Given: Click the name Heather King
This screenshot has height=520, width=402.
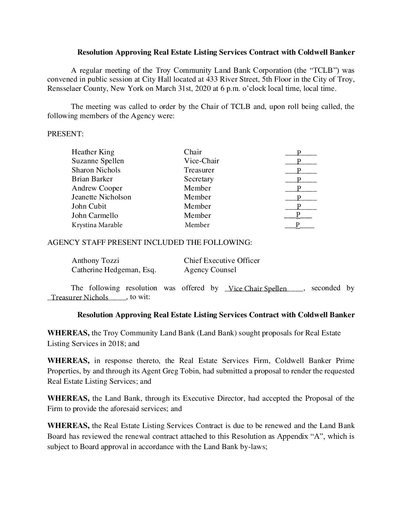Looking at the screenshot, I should [x=93, y=152].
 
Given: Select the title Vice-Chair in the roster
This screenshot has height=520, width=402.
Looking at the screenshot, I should [x=201, y=161].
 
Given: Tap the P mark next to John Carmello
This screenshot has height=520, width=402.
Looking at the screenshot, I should [x=297, y=215].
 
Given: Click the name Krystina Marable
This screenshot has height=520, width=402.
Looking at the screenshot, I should [x=97, y=225].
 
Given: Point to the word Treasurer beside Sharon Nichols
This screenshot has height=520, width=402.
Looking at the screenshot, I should [x=199, y=170].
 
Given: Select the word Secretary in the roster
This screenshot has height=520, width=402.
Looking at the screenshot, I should [x=198, y=179].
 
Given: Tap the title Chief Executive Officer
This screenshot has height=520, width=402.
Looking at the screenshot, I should [x=222, y=260].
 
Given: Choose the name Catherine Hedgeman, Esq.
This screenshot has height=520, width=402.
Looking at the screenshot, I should [x=114, y=270].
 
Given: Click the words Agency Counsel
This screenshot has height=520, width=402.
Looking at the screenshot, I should [x=210, y=270].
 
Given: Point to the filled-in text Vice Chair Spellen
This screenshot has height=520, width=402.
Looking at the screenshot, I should [x=258, y=288].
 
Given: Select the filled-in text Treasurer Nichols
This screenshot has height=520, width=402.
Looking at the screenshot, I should [x=80, y=297].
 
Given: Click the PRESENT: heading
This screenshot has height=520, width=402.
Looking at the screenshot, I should [x=65, y=134].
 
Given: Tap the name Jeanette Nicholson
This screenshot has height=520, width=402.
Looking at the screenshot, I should [x=101, y=197].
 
